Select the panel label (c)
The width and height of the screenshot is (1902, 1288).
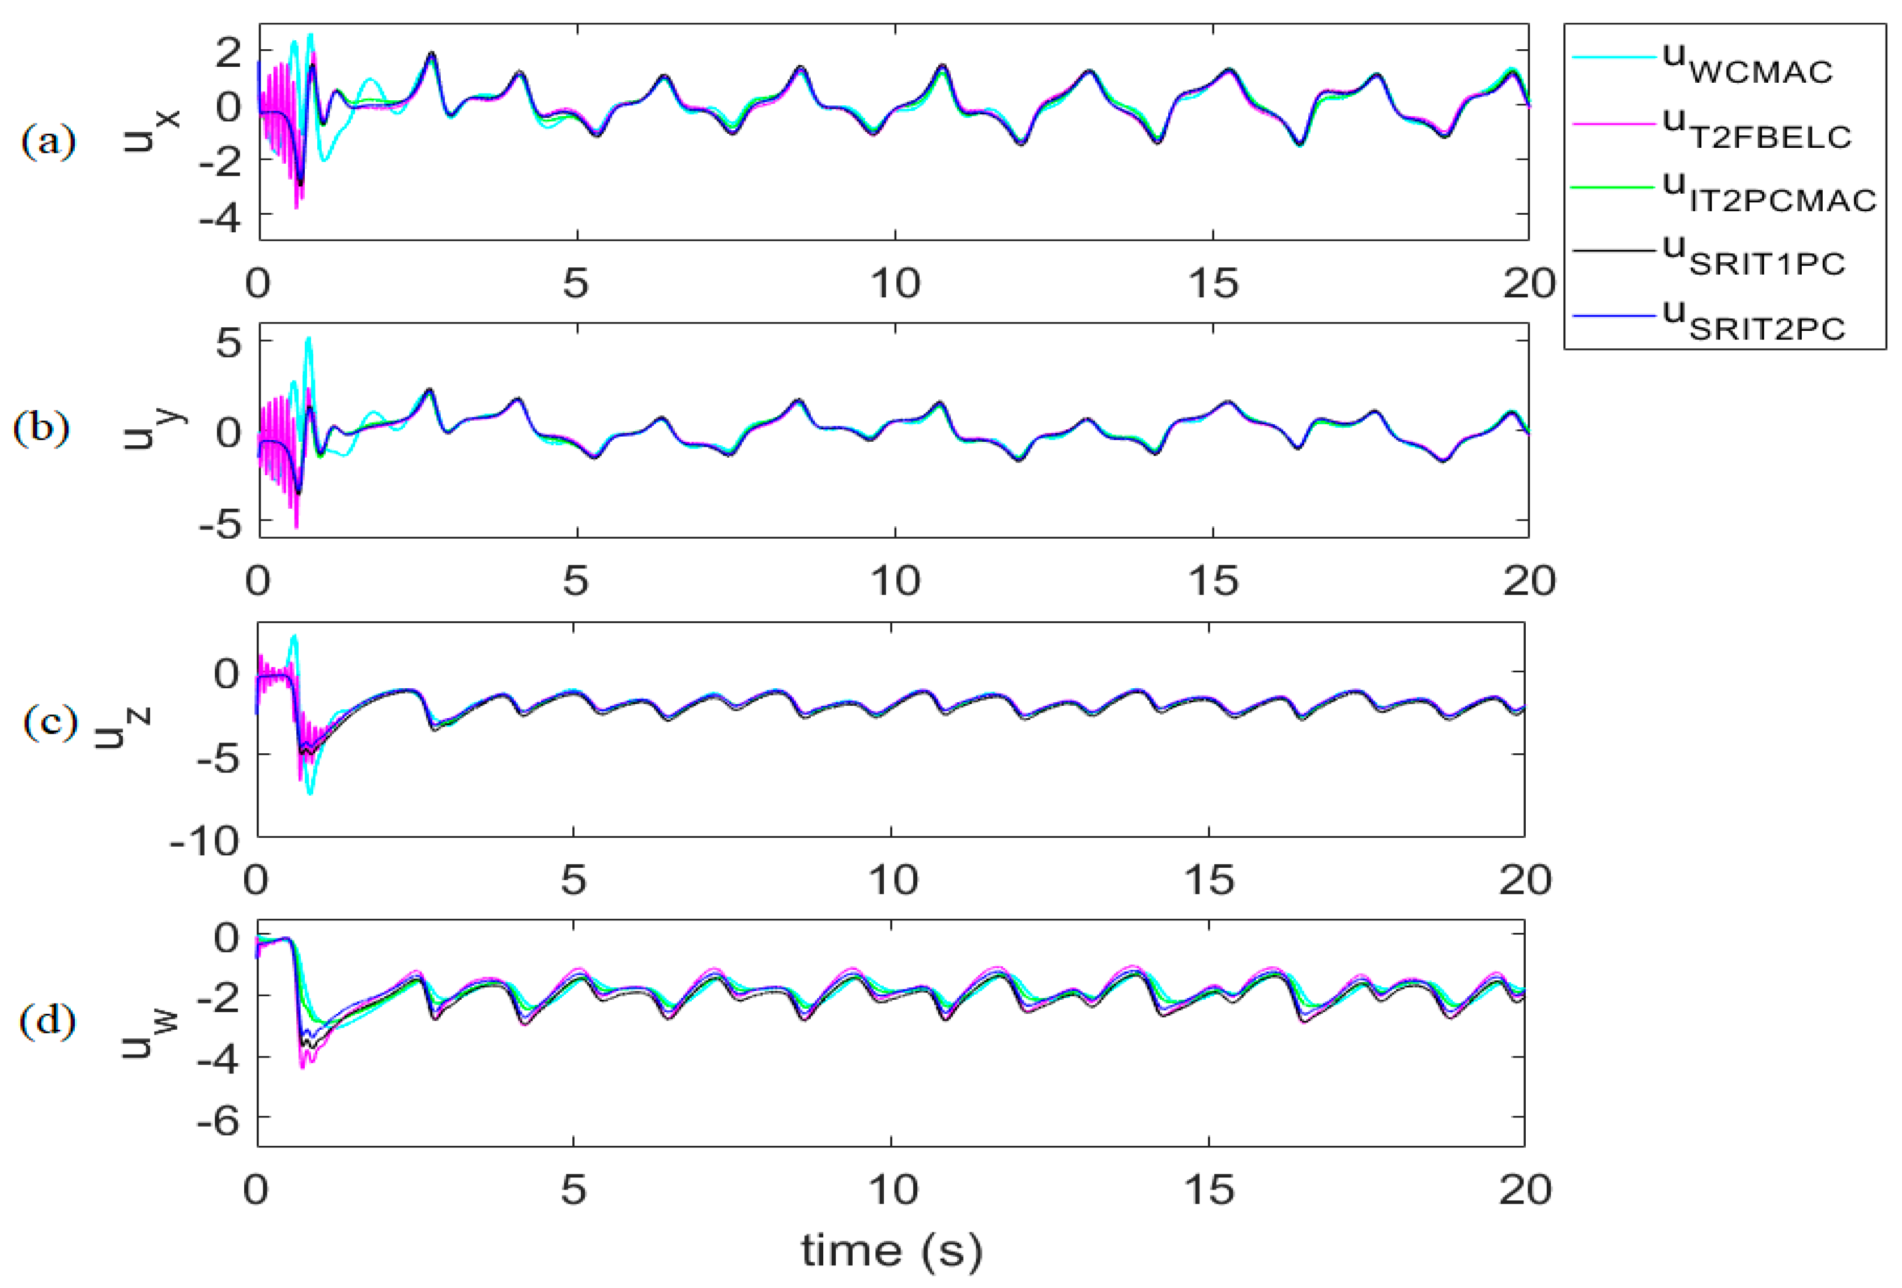click(50, 723)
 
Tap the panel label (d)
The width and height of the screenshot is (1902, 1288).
click(48, 1021)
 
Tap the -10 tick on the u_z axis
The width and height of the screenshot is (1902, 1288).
click(205, 841)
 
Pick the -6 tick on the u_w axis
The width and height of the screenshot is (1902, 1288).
click(218, 1119)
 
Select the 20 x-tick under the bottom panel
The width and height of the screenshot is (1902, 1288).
click(1524, 1189)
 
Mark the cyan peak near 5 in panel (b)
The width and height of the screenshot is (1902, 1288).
click(309, 338)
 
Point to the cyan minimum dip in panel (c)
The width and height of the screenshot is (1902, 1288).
click(309, 792)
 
